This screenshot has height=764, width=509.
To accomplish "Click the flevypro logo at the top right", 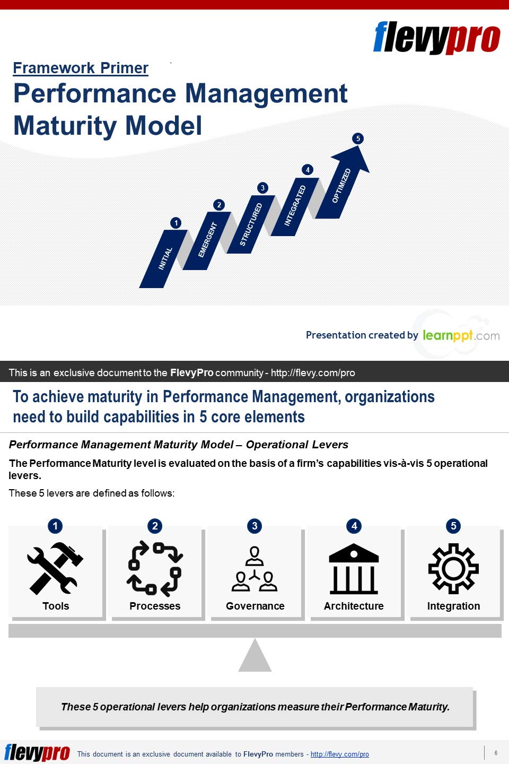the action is click(437, 38).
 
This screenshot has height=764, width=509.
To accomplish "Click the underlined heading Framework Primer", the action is click(81, 68).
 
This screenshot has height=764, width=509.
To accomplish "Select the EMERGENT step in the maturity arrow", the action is click(207, 240).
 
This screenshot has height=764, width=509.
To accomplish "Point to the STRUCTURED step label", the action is click(251, 224).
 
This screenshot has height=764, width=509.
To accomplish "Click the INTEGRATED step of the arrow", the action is click(295, 206).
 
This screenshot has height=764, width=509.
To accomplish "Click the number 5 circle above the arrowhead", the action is click(358, 138).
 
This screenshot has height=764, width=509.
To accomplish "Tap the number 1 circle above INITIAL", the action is click(176, 223).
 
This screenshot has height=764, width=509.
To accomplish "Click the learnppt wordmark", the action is click(461, 335).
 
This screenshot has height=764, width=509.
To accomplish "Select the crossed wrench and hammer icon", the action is click(55, 569).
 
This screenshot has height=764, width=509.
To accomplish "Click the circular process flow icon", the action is click(155, 569).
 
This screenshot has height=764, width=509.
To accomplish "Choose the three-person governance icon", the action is click(254, 569).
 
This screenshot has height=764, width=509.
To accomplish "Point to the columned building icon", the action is click(354, 569).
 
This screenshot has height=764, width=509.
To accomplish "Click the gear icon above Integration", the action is click(453, 569).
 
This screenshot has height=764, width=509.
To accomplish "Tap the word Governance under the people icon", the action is click(255, 606).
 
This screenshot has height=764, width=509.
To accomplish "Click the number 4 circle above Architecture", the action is click(354, 526).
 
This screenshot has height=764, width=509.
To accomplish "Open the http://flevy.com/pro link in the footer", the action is click(339, 754).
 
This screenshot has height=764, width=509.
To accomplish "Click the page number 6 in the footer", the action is click(496, 753).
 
